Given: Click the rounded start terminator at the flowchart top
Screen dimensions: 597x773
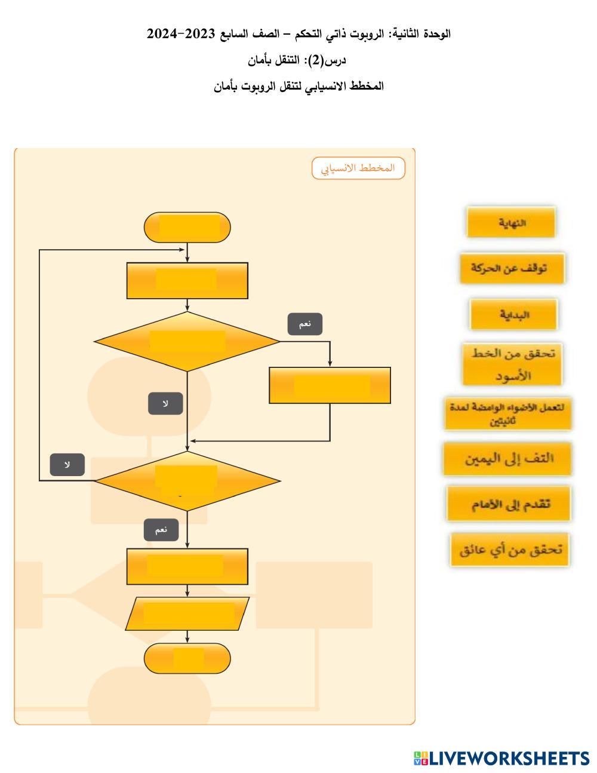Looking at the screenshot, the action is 187,227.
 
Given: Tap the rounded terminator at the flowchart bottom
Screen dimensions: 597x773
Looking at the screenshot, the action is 187,658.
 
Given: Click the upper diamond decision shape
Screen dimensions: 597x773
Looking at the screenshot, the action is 187,342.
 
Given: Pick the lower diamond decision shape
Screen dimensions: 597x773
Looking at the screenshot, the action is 187,481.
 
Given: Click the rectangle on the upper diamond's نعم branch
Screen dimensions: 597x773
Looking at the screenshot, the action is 330,385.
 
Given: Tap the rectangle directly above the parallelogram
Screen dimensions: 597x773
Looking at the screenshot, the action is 187,566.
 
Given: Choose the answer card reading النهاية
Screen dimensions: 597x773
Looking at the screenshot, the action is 511,223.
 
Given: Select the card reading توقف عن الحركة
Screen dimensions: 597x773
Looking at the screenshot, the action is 512,268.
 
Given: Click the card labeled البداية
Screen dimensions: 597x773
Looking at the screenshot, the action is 513,314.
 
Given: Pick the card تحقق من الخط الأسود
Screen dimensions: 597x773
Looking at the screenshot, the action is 512,364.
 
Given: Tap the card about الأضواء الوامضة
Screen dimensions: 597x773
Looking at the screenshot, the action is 508,413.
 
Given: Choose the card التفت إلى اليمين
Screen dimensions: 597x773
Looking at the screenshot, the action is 507,459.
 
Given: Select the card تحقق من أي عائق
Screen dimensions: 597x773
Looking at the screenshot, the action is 510,550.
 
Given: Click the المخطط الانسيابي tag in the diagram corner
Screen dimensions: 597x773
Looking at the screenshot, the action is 358,168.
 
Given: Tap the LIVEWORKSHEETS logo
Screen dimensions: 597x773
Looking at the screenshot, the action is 501,759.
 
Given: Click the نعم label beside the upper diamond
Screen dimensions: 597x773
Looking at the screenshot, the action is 305,324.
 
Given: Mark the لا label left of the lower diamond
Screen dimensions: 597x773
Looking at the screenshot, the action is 67,465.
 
